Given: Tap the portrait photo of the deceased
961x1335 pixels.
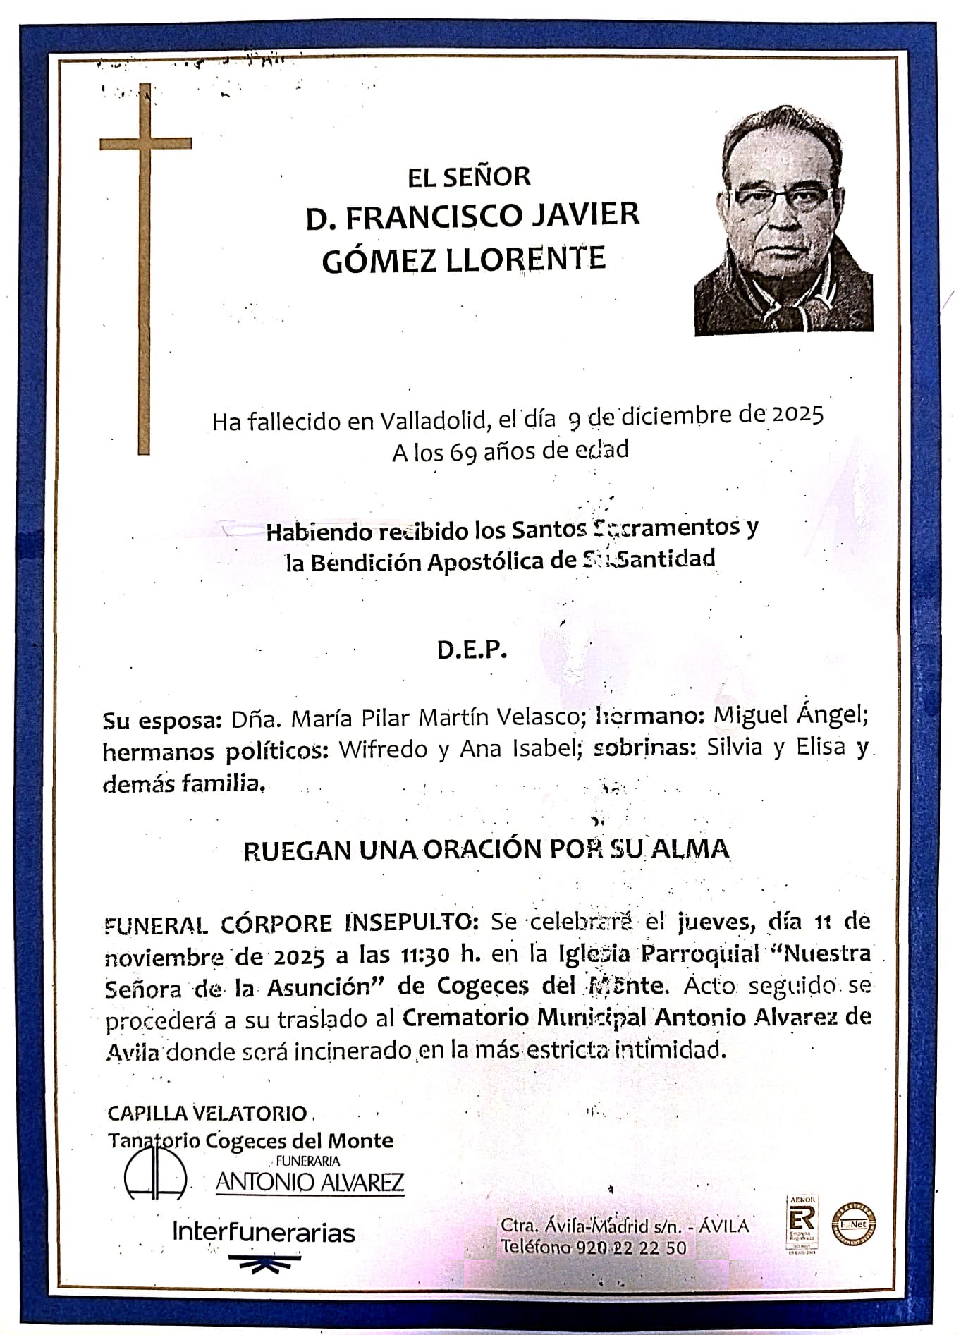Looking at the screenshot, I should pos(783,220).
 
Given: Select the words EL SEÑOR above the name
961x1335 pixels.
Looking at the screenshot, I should pos(469,176).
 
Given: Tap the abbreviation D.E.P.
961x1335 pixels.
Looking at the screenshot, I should pos(472,650).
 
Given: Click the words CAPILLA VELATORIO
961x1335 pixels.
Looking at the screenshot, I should pos(207,1113).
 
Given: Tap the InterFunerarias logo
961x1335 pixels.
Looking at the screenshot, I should pos(264,1232).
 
